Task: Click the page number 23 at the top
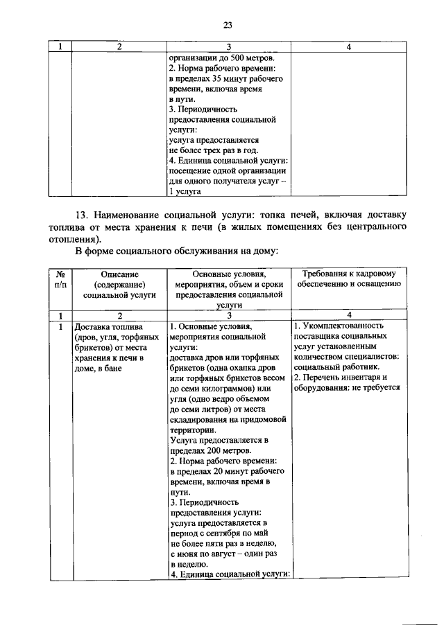pos(226,26)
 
